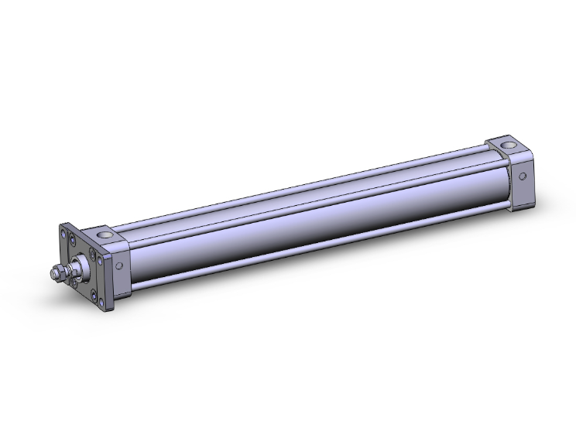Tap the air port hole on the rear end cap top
point(506,144)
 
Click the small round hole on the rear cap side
point(523,176)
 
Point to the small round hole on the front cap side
point(118,265)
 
